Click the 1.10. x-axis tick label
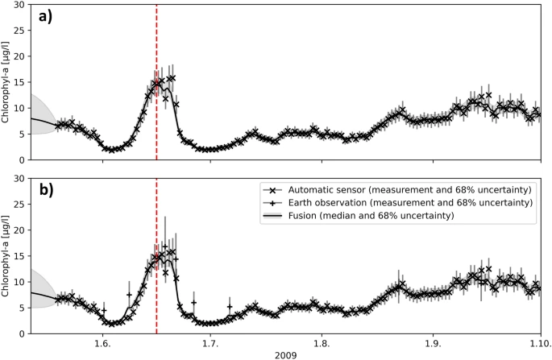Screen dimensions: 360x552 pos(538,341)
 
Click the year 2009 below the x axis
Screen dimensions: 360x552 pos(284,354)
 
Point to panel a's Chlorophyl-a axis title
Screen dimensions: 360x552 pos(7,82)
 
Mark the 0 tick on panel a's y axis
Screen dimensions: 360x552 pos(23,159)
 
